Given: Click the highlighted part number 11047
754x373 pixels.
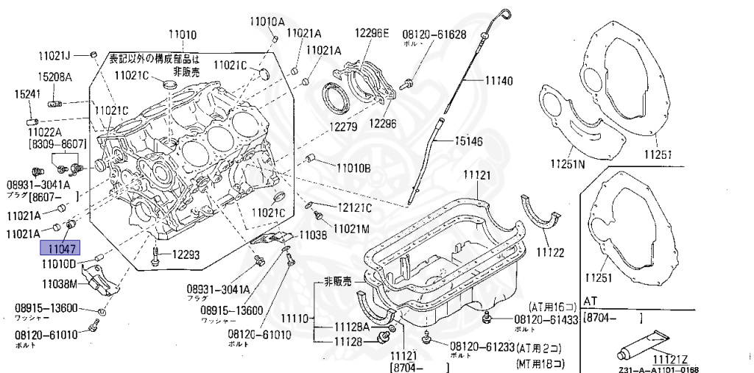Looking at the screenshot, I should [x=63, y=249].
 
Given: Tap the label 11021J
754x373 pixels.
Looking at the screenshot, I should [x=55, y=55].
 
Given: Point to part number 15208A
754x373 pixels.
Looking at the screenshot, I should [x=55, y=77].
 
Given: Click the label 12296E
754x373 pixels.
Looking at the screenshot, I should [x=371, y=33].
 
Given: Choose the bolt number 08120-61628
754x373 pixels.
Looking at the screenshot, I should [x=434, y=34].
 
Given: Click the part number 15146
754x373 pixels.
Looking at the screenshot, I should [x=468, y=141].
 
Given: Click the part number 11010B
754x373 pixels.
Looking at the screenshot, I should [x=353, y=168].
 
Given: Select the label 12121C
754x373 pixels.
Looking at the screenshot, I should [x=355, y=207].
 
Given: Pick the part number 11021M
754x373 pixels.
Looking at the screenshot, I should [x=350, y=228].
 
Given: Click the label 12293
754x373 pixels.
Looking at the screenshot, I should [x=186, y=255].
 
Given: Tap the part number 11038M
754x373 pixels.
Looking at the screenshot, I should [x=60, y=283].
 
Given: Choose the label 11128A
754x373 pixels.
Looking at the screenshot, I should [x=353, y=327].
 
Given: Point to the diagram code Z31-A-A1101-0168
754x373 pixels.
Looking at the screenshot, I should [x=659, y=369].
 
